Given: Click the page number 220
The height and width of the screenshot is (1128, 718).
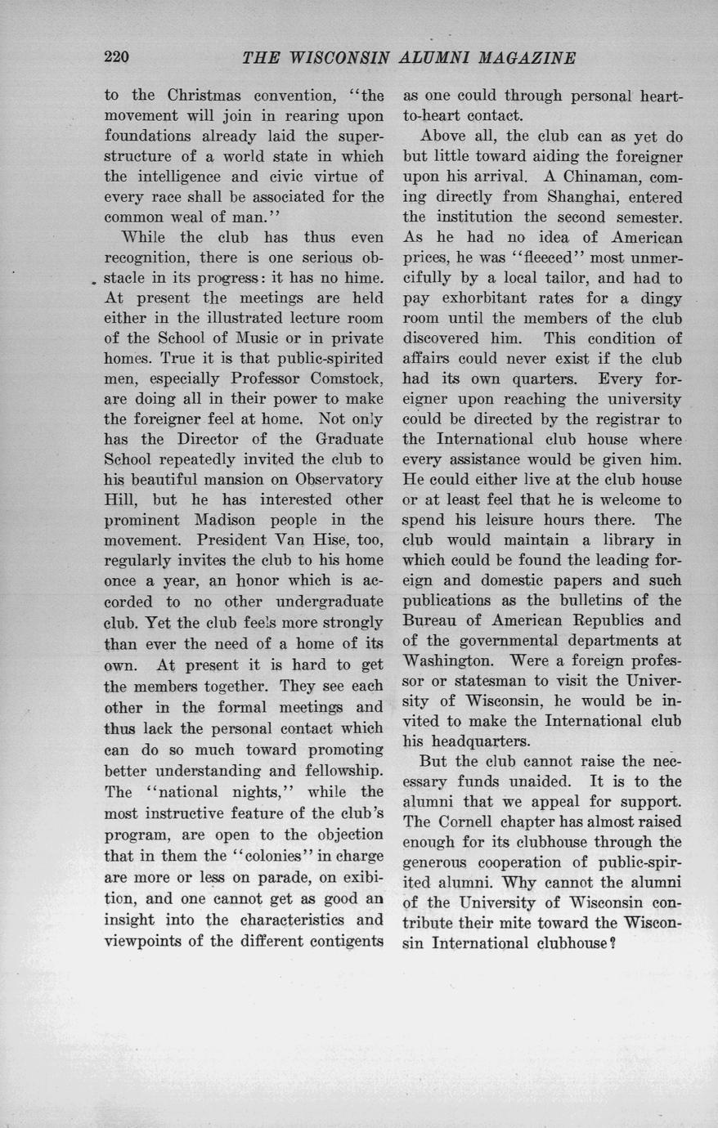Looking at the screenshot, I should click(117, 57).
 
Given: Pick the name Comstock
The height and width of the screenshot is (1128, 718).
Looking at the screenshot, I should click(347, 378).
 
